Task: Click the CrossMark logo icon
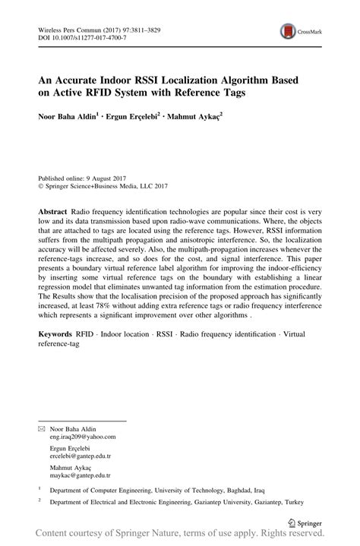click(287, 30)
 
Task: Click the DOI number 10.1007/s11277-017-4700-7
click(81, 36)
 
